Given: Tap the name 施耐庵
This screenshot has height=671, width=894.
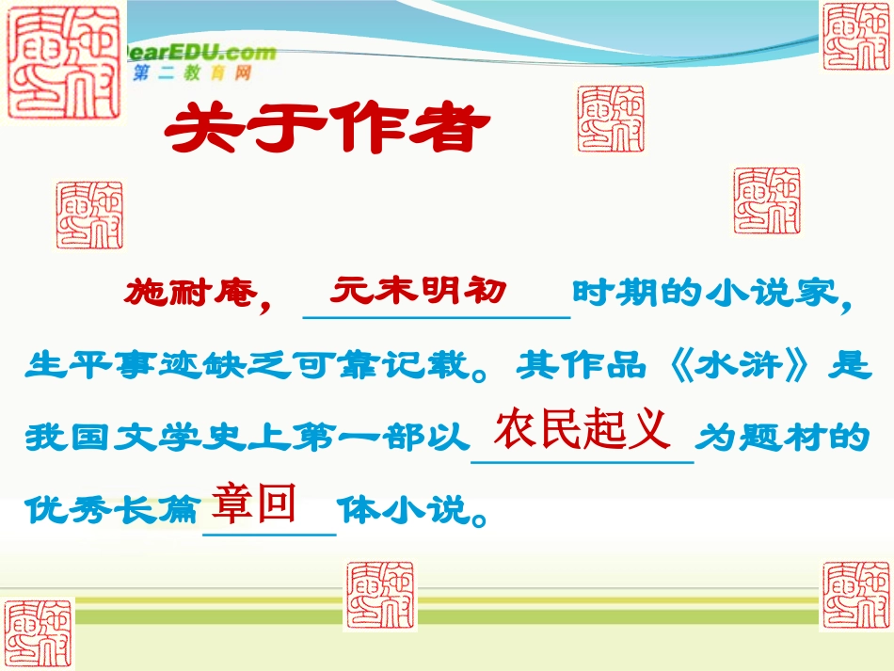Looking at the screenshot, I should tap(187, 294).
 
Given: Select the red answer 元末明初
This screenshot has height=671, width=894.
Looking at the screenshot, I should tap(418, 291).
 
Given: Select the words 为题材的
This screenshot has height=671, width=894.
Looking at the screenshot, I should tap(780, 439).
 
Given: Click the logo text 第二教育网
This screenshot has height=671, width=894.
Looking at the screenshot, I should tap(193, 73).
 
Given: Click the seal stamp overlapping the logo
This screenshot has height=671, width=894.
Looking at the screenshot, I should tap(64, 62).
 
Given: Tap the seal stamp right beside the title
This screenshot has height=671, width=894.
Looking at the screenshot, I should tap(611, 118).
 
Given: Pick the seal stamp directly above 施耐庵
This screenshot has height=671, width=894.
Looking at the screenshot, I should tap(88, 216).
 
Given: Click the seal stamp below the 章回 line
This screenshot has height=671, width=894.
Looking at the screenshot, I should tap(379, 596).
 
